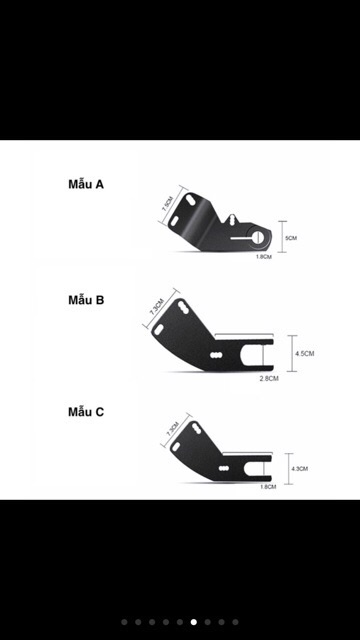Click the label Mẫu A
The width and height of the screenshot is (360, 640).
[86, 185]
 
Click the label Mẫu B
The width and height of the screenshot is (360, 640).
[86, 299]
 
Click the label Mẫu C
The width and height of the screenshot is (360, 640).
[86, 411]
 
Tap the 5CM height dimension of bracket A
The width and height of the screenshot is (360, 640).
[292, 238]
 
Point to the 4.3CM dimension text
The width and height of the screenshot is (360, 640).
[299, 468]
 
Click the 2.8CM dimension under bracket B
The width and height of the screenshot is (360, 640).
[267, 379]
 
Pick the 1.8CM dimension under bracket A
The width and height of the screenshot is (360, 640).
[263, 257]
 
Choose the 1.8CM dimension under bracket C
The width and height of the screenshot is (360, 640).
[267, 487]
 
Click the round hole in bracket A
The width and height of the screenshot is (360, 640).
[258, 236]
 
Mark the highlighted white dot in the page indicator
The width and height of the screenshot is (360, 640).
[193, 621]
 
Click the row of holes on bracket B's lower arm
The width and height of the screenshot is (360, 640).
[215, 354]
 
